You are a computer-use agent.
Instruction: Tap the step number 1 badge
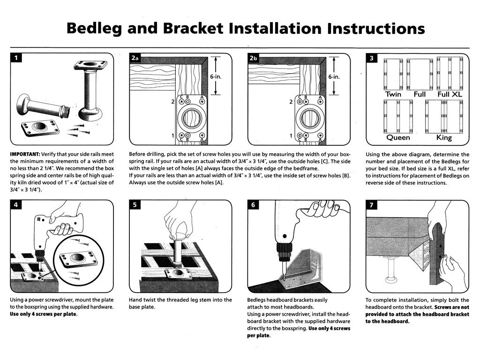click(16, 58)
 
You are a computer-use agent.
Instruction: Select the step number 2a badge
click(135, 58)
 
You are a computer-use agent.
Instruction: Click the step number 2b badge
click(254, 58)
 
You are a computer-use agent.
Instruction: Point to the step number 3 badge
click(371, 59)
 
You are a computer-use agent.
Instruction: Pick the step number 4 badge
click(16, 205)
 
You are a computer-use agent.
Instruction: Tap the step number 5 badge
click(135, 205)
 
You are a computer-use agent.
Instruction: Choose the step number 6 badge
click(253, 205)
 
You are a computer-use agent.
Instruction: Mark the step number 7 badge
click(371, 205)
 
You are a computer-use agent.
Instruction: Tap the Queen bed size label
click(398, 138)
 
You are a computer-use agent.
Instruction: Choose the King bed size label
click(443, 138)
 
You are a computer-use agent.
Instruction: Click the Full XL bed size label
click(450, 94)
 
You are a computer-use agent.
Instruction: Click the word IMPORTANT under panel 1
click(25, 154)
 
